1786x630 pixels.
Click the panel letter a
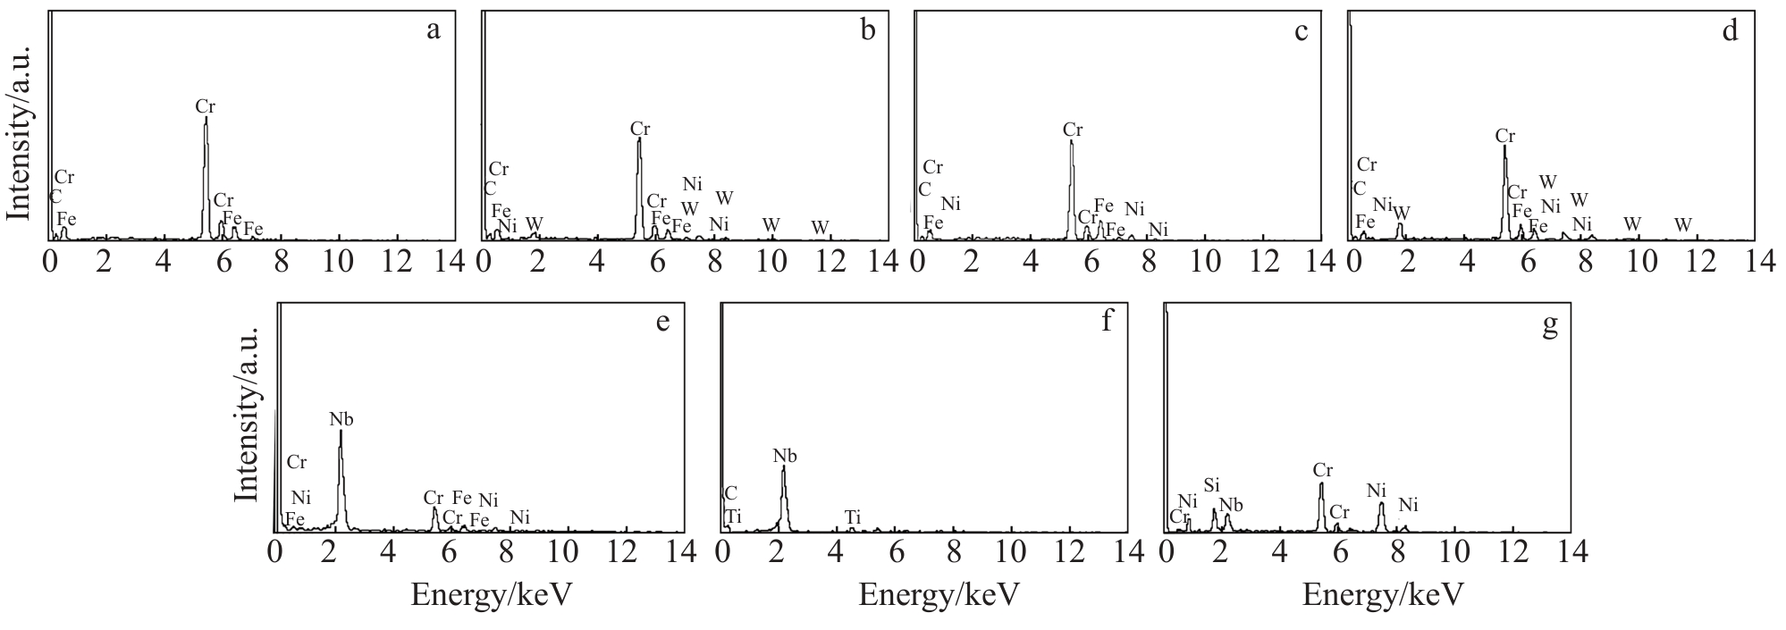[434, 31]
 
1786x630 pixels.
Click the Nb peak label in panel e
[341, 418]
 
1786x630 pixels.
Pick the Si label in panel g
[1211, 485]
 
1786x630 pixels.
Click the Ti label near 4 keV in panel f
[853, 517]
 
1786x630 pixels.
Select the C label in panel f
[730, 493]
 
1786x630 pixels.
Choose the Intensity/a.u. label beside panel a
[20, 133]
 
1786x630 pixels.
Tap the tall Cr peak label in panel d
[1505, 137]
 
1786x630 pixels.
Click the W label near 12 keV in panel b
[820, 227]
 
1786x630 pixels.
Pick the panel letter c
[1301, 31]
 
